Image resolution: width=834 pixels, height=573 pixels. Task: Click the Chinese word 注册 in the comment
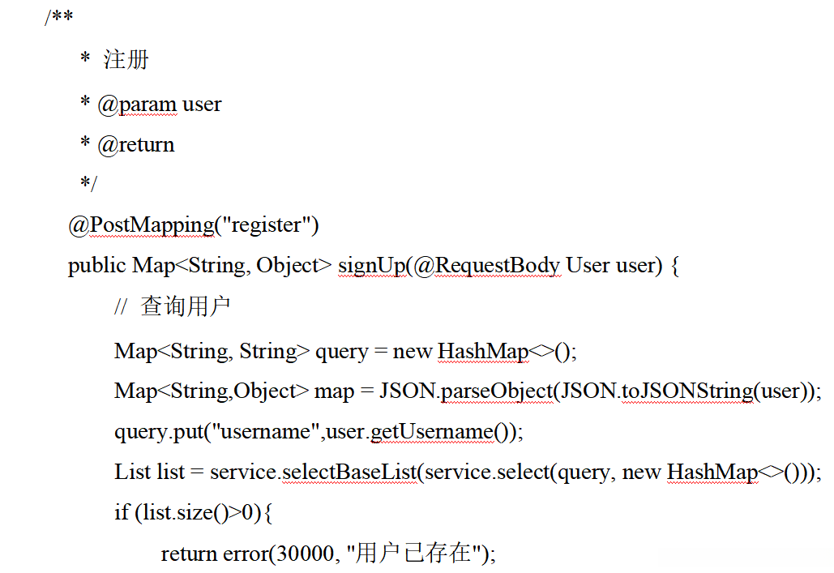(126, 60)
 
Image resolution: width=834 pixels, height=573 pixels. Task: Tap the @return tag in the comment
(135, 145)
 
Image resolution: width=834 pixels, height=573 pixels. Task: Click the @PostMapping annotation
(141, 225)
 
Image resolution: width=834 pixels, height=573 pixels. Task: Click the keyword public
(97, 266)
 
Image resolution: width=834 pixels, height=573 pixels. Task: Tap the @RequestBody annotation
(486, 266)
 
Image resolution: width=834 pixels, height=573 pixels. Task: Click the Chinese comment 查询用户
(186, 306)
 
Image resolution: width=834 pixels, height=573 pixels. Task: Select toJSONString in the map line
(687, 391)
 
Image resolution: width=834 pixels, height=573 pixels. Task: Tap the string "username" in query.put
(265, 432)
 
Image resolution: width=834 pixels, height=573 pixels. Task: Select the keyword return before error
(190, 554)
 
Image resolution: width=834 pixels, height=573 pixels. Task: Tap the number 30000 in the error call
(305, 554)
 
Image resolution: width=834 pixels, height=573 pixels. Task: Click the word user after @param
(202, 105)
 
